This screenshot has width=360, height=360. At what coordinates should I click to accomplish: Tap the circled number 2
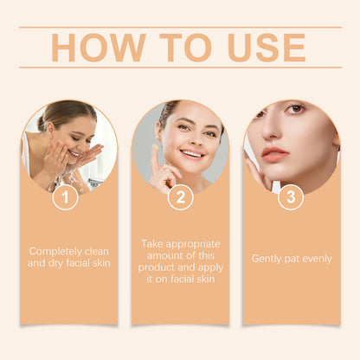pyautogui.click(x=179, y=197)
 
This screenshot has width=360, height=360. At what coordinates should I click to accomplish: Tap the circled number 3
pyautogui.click(x=290, y=197)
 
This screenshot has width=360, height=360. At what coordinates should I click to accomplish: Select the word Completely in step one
pyautogui.click(x=56, y=251)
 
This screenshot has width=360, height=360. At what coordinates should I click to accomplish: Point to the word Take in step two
pyautogui.click(x=152, y=243)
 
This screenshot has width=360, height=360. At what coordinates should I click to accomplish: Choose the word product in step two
pyautogui.click(x=160, y=267)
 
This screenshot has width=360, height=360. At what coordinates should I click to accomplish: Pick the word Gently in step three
pyautogui.click(x=267, y=258)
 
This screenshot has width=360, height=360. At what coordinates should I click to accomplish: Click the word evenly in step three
pyautogui.click(x=313, y=258)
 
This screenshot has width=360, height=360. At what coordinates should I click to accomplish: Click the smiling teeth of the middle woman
pyautogui.click(x=192, y=154)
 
